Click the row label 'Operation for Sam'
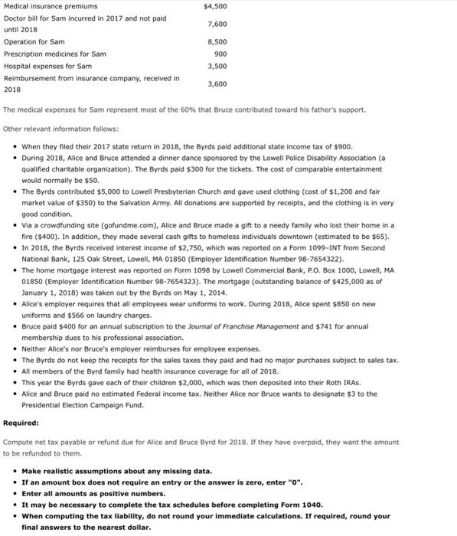tap(34, 41)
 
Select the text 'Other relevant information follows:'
tap(61, 128)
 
